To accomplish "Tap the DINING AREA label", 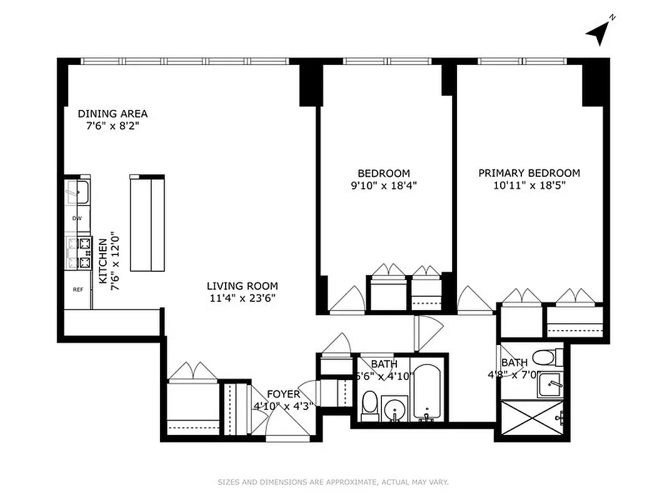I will (113, 114).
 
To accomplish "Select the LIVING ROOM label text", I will (243, 286).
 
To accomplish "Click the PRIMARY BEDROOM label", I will (529, 173).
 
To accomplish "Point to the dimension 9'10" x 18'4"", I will (383, 185).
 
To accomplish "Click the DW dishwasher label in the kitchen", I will (78, 218).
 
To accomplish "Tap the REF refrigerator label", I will (78, 289).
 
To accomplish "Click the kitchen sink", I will (79, 192).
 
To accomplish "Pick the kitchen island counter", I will (147, 223).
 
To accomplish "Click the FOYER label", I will (283, 394).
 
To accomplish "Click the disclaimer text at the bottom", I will (333, 482).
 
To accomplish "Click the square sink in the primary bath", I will (551, 386).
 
